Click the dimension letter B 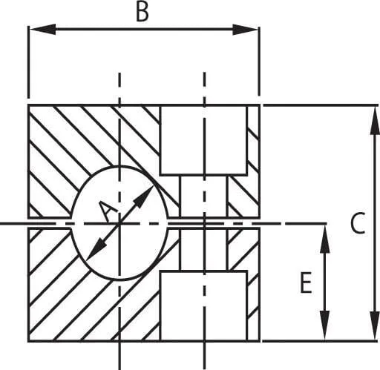[142, 12]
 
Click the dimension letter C [358, 223]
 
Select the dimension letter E [306, 283]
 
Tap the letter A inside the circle [107, 211]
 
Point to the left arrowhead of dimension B [42, 29]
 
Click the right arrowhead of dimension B [246, 30]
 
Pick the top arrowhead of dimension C [375, 120]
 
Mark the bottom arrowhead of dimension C [375, 326]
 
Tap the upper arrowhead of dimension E [324, 239]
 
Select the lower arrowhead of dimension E [324, 325]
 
